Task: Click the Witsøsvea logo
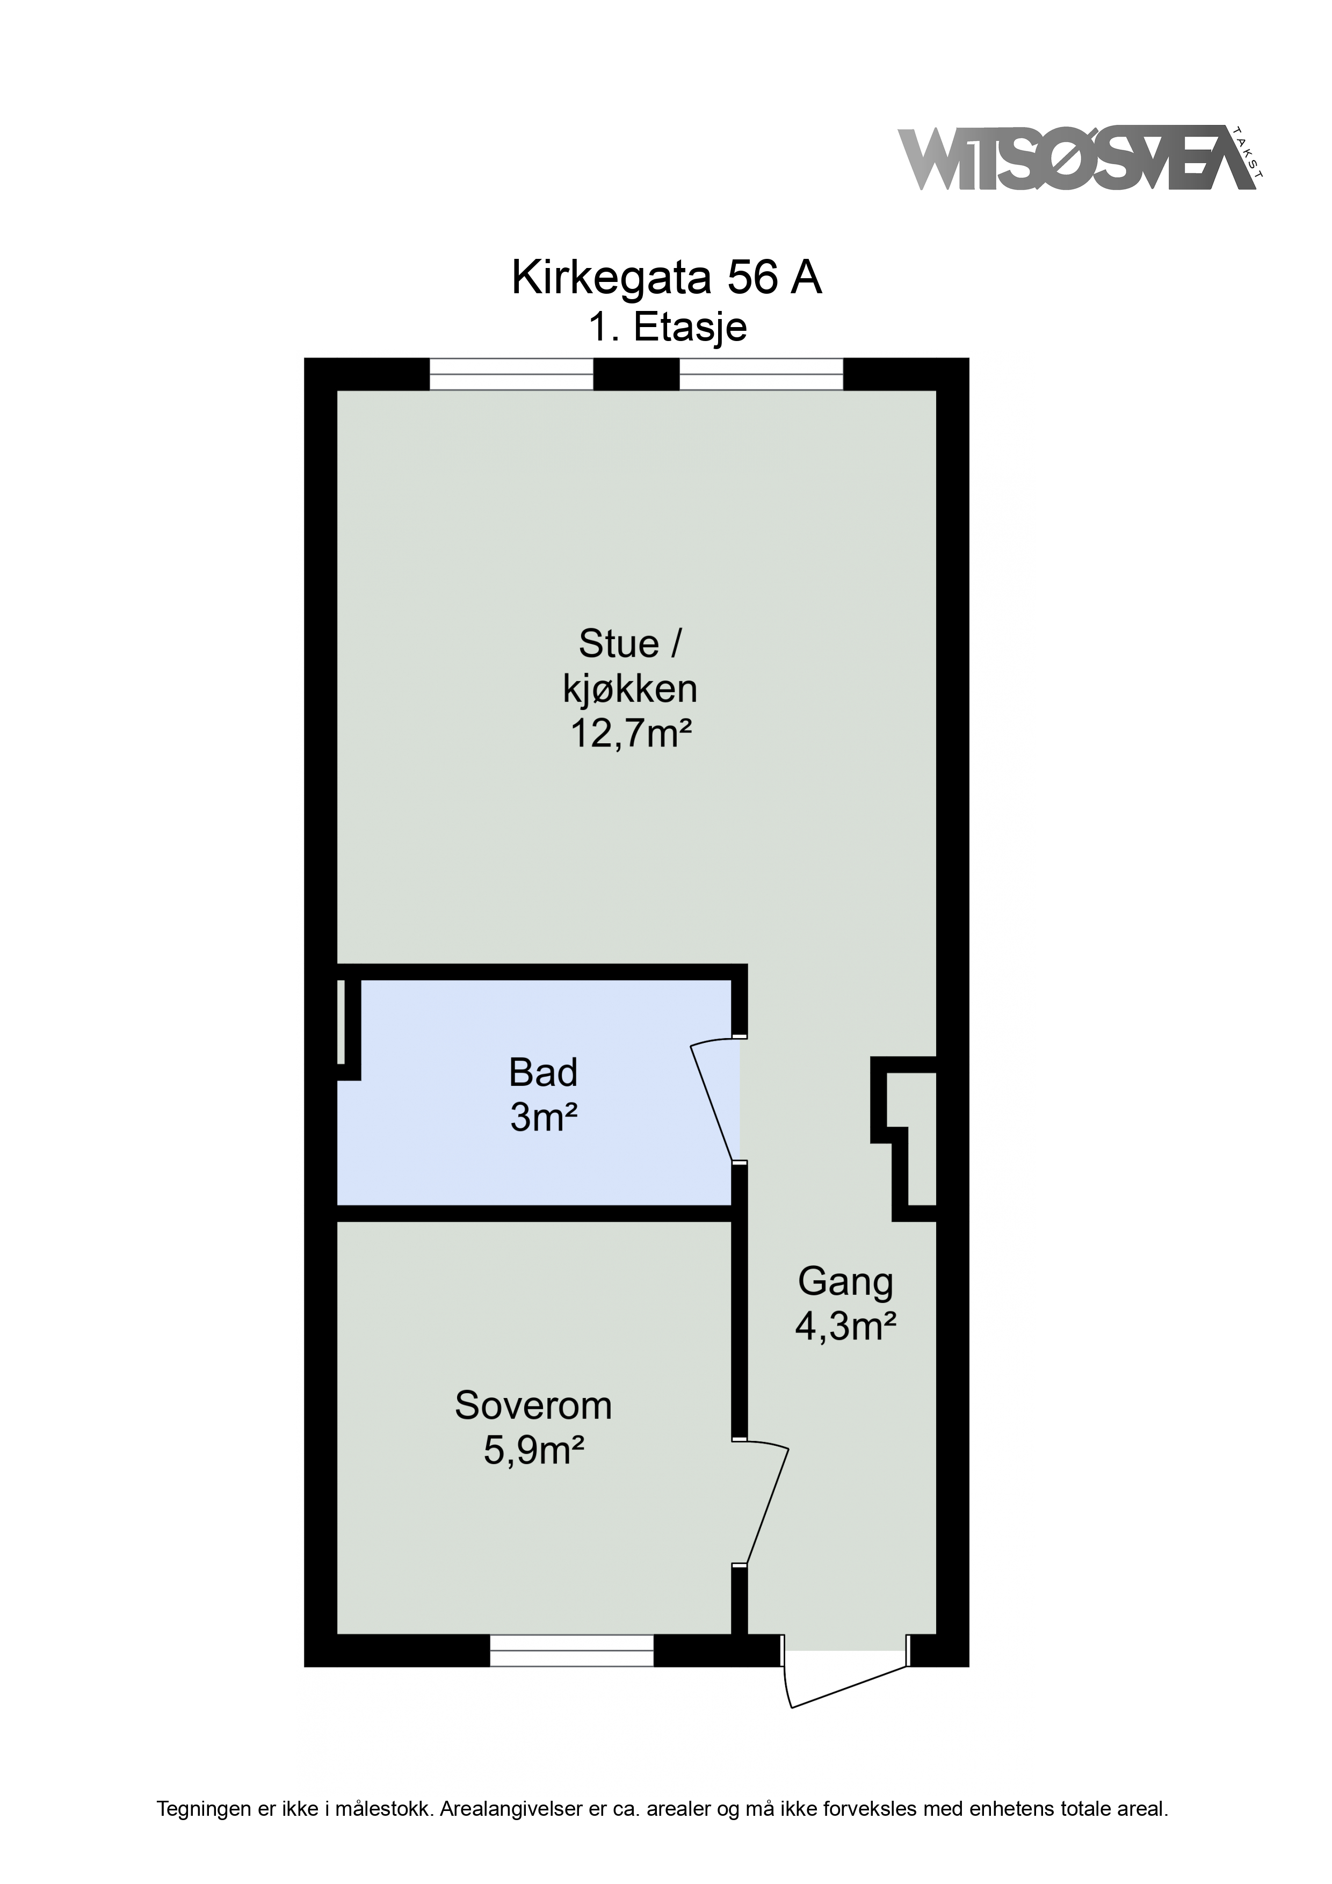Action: pyautogui.click(x=1080, y=158)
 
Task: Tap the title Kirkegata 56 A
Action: pyautogui.click(x=667, y=278)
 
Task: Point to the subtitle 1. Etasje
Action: pyautogui.click(x=667, y=328)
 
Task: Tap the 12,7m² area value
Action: pyautogui.click(x=631, y=733)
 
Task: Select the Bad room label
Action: pyautogui.click(x=544, y=1073)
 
